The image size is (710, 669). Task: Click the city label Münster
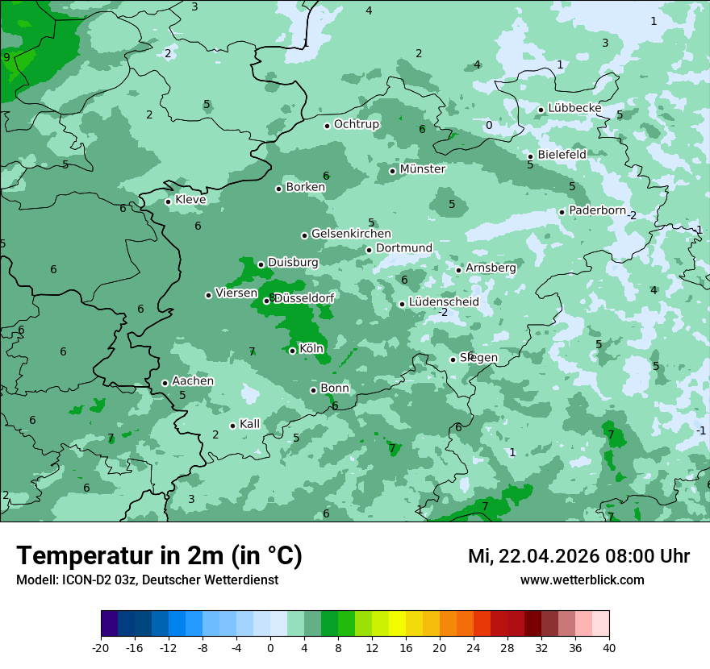click(x=422, y=169)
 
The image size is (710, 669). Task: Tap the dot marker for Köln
click(x=292, y=351)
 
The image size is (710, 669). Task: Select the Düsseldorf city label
click(x=304, y=298)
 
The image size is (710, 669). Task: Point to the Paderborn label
click(x=597, y=210)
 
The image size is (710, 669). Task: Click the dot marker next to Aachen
click(x=165, y=383)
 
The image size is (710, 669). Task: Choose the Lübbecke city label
click(x=574, y=108)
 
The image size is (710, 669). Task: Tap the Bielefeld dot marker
click(x=530, y=156)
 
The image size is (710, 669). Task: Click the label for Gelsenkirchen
click(x=351, y=234)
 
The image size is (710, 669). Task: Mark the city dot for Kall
click(x=232, y=426)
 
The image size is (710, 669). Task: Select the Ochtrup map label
click(x=356, y=124)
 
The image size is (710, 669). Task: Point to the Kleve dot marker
click(x=168, y=202)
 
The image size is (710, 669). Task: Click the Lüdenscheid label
click(x=444, y=302)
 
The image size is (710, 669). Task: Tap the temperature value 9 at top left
click(x=6, y=57)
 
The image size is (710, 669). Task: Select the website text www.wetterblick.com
click(x=582, y=580)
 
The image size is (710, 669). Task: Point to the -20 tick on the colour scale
click(x=101, y=647)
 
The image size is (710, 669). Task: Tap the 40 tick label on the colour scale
click(x=608, y=647)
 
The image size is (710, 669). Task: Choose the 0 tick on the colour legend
click(x=270, y=647)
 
